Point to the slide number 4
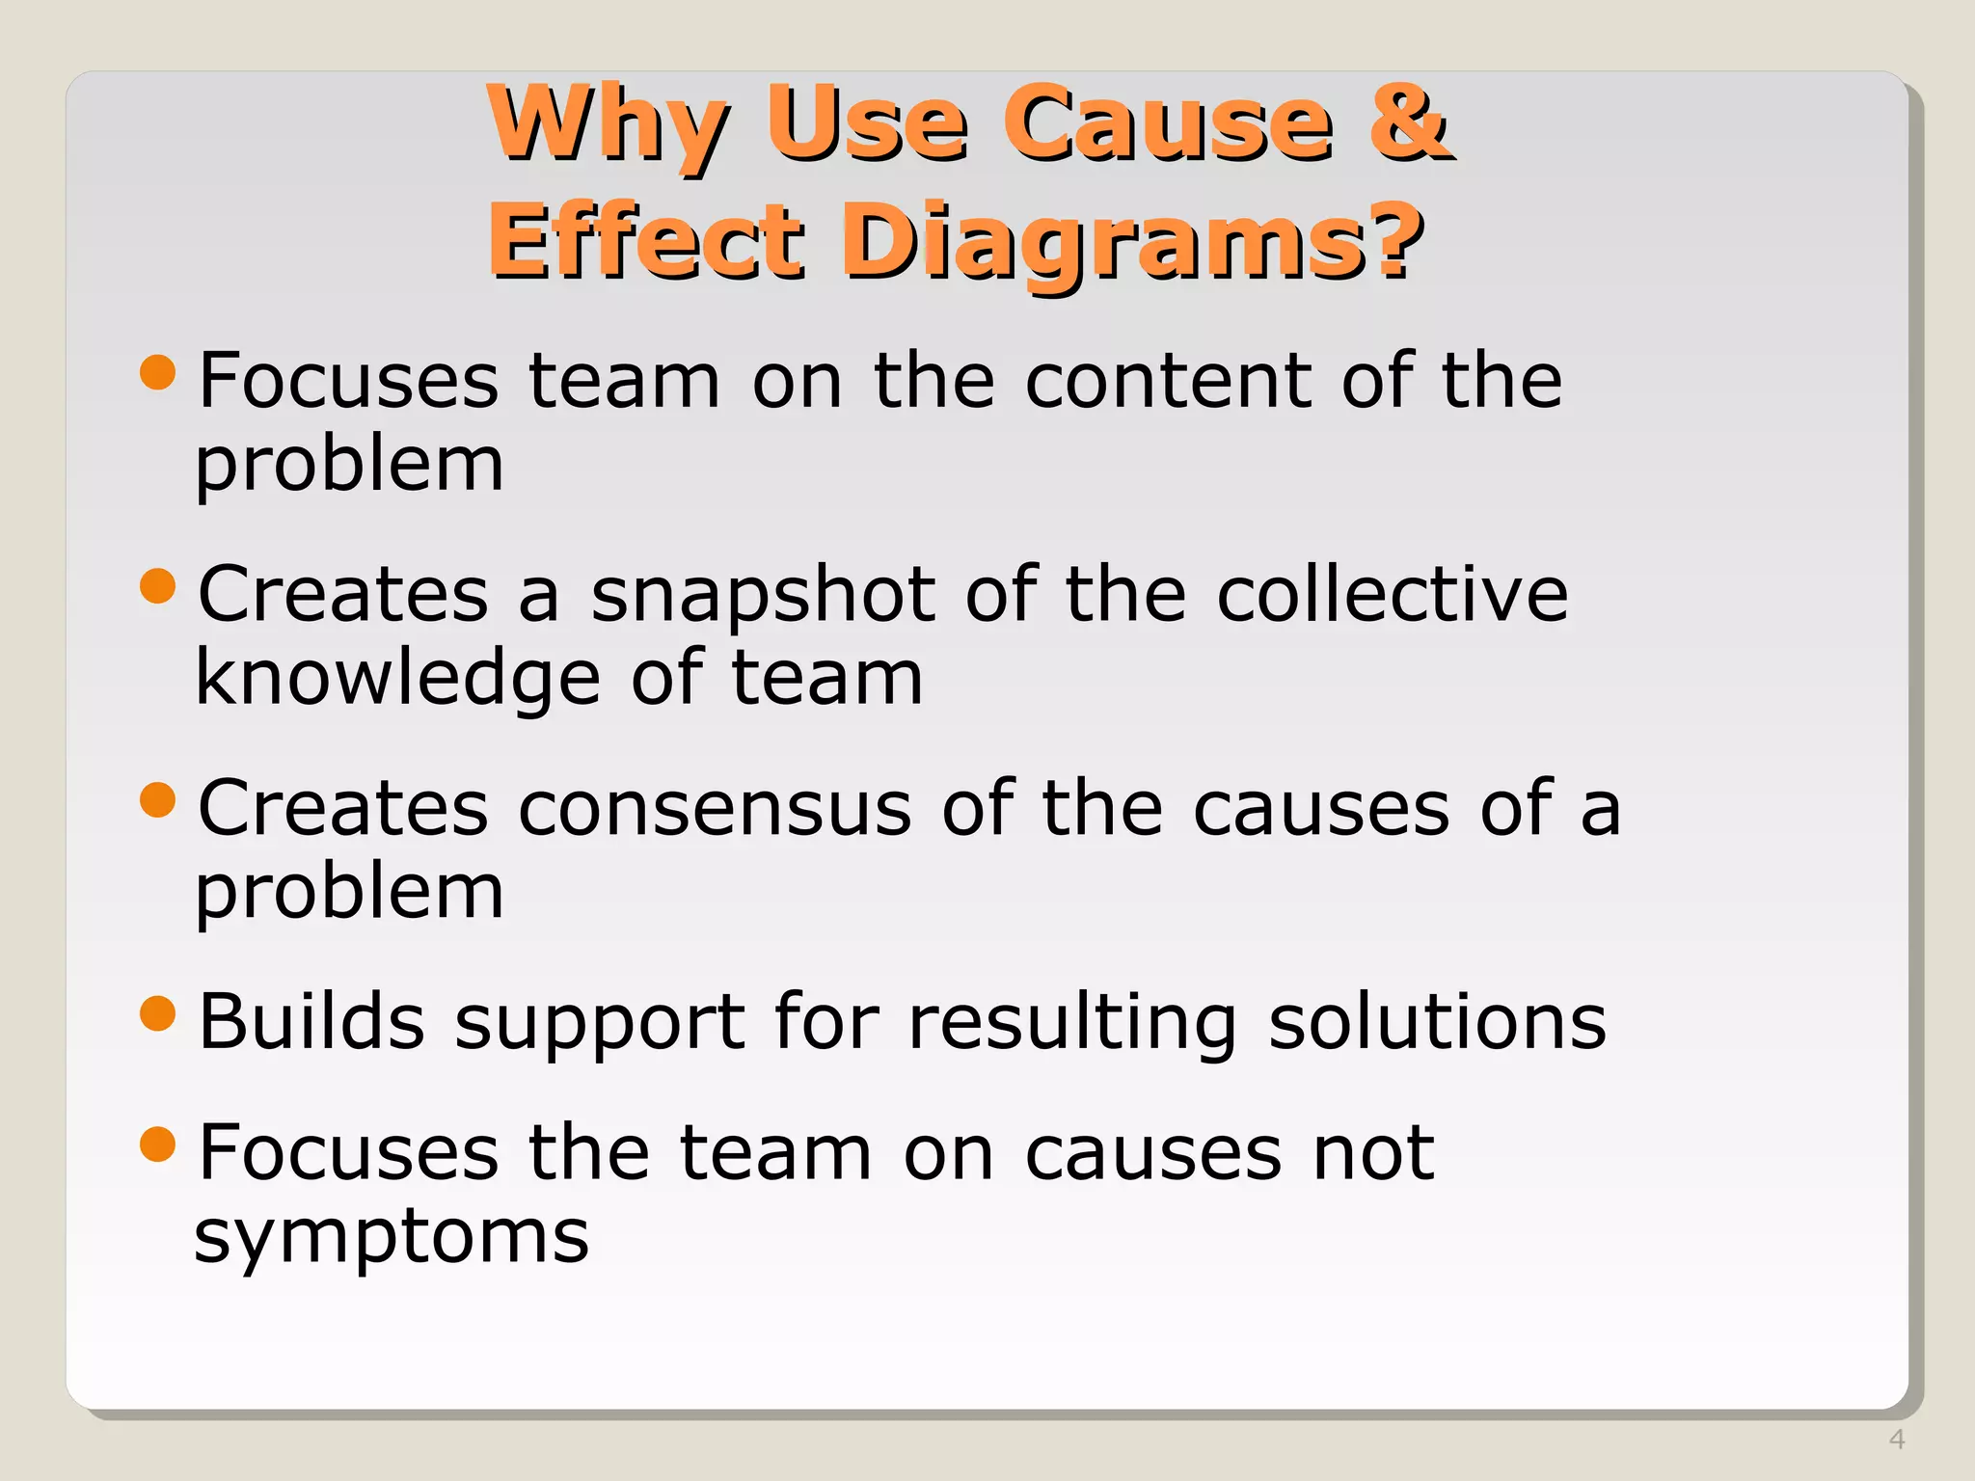coord(1896,1440)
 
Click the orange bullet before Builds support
coord(158,1013)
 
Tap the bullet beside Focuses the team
coord(158,1144)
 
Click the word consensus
coord(715,808)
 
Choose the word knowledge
coord(398,678)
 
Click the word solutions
coord(1437,1022)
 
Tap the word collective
coord(1393,594)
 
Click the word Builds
coord(311,1022)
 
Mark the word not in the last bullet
coord(1373,1154)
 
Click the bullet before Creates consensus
coord(158,799)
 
